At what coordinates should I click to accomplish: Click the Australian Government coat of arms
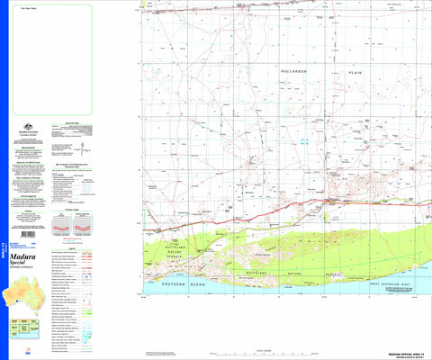pyautogui.click(x=29, y=127)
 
